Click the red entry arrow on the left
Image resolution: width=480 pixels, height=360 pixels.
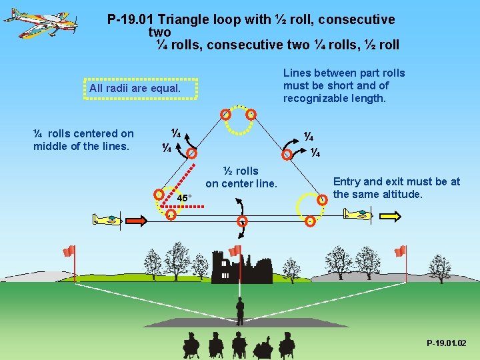tap(137, 220)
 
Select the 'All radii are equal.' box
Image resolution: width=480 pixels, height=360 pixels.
tap(141, 89)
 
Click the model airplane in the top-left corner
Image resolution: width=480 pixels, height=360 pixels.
tap(40, 22)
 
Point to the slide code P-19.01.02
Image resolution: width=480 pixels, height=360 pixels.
tap(446, 343)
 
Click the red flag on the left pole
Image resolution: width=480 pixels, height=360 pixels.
tap(69, 251)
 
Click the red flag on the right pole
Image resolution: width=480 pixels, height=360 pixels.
tap(400, 251)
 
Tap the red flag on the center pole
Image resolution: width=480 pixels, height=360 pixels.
tap(235, 251)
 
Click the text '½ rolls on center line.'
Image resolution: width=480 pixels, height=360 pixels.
tap(241, 177)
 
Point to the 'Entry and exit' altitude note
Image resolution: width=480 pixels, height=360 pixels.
tap(396, 187)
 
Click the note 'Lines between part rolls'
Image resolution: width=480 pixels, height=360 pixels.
tap(343, 85)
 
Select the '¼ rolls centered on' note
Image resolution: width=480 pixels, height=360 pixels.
tap(83, 139)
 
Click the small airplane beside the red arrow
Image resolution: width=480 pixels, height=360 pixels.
tap(107, 219)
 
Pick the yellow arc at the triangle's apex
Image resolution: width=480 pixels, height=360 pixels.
tap(239, 108)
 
